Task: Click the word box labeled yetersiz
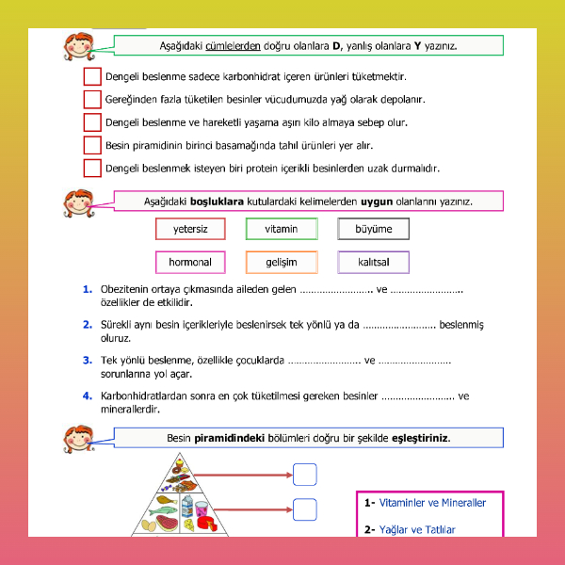click(x=190, y=229)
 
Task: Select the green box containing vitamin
click(x=281, y=229)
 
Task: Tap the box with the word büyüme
click(x=373, y=229)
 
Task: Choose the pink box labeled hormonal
click(x=190, y=262)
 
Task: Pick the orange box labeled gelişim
click(x=281, y=262)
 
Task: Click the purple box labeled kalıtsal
click(x=373, y=262)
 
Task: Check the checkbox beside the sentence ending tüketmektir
click(x=91, y=76)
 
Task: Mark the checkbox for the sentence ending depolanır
click(x=91, y=99)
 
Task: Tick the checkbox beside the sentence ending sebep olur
click(x=91, y=122)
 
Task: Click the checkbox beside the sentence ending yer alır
click(x=91, y=145)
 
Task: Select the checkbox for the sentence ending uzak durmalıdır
click(x=91, y=169)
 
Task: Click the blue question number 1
click(x=87, y=289)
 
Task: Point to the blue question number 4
click(x=87, y=395)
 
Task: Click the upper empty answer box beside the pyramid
click(x=305, y=474)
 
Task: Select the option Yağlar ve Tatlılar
click(x=417, y=530)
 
